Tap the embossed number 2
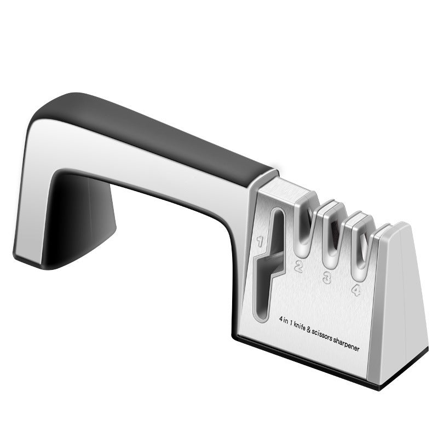coord(299,267)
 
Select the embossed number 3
coord(327,278)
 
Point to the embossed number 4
coord(356,289)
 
